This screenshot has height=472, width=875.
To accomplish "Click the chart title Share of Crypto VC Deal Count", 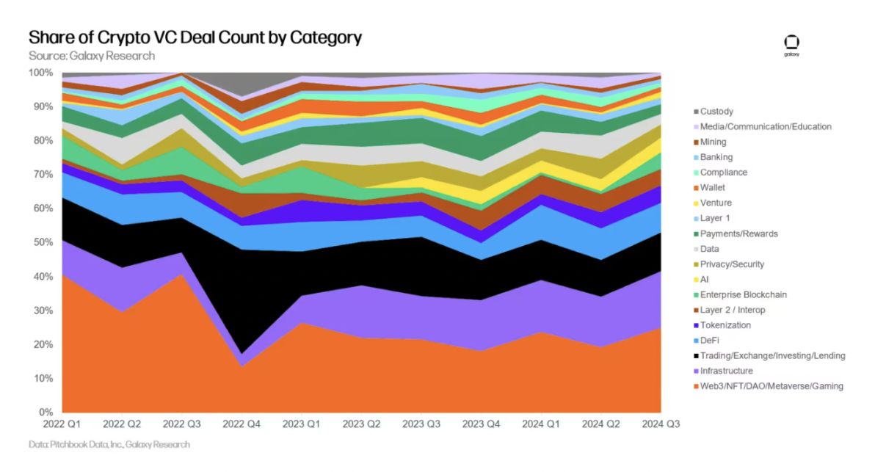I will click(x=195, y=37).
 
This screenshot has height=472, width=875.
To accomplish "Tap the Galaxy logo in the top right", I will click(x=791, y=44).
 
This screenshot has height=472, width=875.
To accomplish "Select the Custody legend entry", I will click(x=716, y=112).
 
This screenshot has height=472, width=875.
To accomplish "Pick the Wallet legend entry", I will click(x=712, y=188).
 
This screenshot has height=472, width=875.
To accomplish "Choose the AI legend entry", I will click(x=705, y=280).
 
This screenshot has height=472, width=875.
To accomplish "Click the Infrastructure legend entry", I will click(x=726, y=371).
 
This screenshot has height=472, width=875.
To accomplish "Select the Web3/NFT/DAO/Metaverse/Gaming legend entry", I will click(x=771, y=386).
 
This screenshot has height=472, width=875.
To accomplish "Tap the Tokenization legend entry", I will click(x=725, y=325).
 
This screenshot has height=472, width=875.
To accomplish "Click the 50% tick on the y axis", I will click(x=41, y=243).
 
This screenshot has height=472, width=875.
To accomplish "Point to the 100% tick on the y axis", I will click(x=40, y=73).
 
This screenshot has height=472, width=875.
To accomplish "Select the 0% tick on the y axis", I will click(x=45, y=413).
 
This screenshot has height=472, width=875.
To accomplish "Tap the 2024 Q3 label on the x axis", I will click(x=661, y=424).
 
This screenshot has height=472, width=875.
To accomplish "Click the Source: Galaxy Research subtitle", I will click(x=92, y=56).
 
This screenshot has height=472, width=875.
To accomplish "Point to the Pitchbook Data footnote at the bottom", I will click(x=109, y=445).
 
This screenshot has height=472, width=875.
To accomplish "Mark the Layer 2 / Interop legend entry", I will click(x=731, y=310).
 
